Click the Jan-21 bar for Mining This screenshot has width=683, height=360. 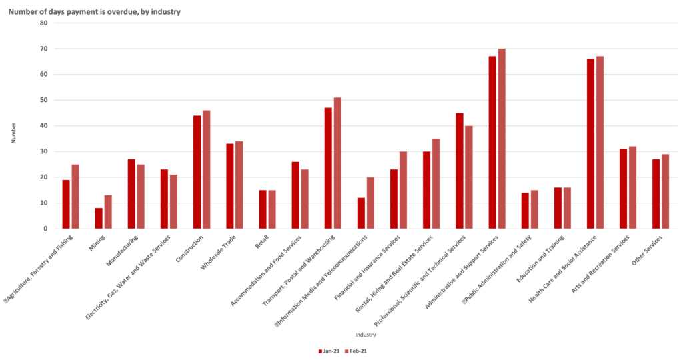pyautogui.click(x=99, y=219)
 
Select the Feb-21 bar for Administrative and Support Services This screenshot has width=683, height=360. pyautogui.click(x=502, y=139)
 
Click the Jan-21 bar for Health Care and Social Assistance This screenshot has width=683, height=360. pyautogui.click(x=590, y=144)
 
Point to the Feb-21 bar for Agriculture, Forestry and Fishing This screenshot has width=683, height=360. pyautogui.click(x=75, y=197)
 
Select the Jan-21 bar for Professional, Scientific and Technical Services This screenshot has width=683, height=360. pyautogui.click(x=460, y=171)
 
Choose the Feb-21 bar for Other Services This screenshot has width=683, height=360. pyautogui.click(x=666, y=191)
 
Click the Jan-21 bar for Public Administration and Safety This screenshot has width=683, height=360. pyautogui.click(x=525, y=211)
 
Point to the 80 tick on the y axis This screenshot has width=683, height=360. pyautogui.click(x=44, y=23)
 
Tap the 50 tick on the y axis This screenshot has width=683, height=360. pyautogui.click(x=44, y=100)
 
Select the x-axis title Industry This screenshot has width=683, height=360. pyautogui.click(x=365, y=335)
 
